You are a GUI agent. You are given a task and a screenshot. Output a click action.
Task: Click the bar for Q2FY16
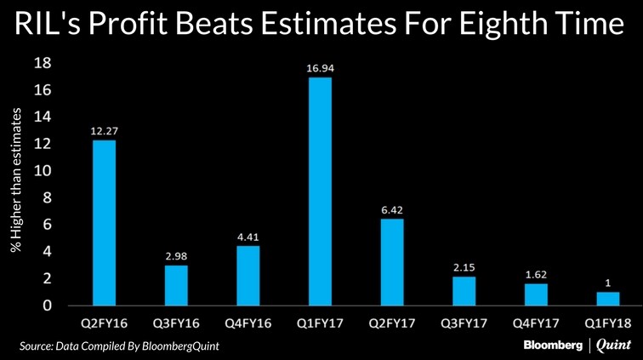tap(104, 222)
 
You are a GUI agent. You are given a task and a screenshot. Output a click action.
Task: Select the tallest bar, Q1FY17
tap(320, 191)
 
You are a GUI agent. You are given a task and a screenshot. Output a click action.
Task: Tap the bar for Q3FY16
tap(175, 285)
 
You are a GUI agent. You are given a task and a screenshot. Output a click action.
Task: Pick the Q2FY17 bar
tap(392, 261)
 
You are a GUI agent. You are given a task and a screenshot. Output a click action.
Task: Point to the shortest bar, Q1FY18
tap(608, 298)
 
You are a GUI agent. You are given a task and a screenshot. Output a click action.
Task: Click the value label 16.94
tap(320, 67)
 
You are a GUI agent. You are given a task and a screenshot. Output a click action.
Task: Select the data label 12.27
tap(104, 130)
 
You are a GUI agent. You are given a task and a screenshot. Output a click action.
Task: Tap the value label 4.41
tap(248, 236)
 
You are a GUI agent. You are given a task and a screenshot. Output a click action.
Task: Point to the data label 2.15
tap(464, 266)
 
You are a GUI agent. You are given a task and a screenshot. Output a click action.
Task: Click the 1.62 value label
tap(536, 273)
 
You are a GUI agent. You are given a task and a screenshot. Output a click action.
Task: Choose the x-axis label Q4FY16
tap(248, 324)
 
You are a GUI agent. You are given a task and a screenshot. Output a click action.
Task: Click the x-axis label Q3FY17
tap(464, 324)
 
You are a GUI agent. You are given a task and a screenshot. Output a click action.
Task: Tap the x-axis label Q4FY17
tap(536, 324)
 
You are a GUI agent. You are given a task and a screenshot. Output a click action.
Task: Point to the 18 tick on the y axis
tap(43, 63)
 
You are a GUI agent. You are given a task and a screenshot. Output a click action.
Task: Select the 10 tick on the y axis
tap(43, 171)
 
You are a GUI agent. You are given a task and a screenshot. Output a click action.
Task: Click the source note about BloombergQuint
tap(125, 346)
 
